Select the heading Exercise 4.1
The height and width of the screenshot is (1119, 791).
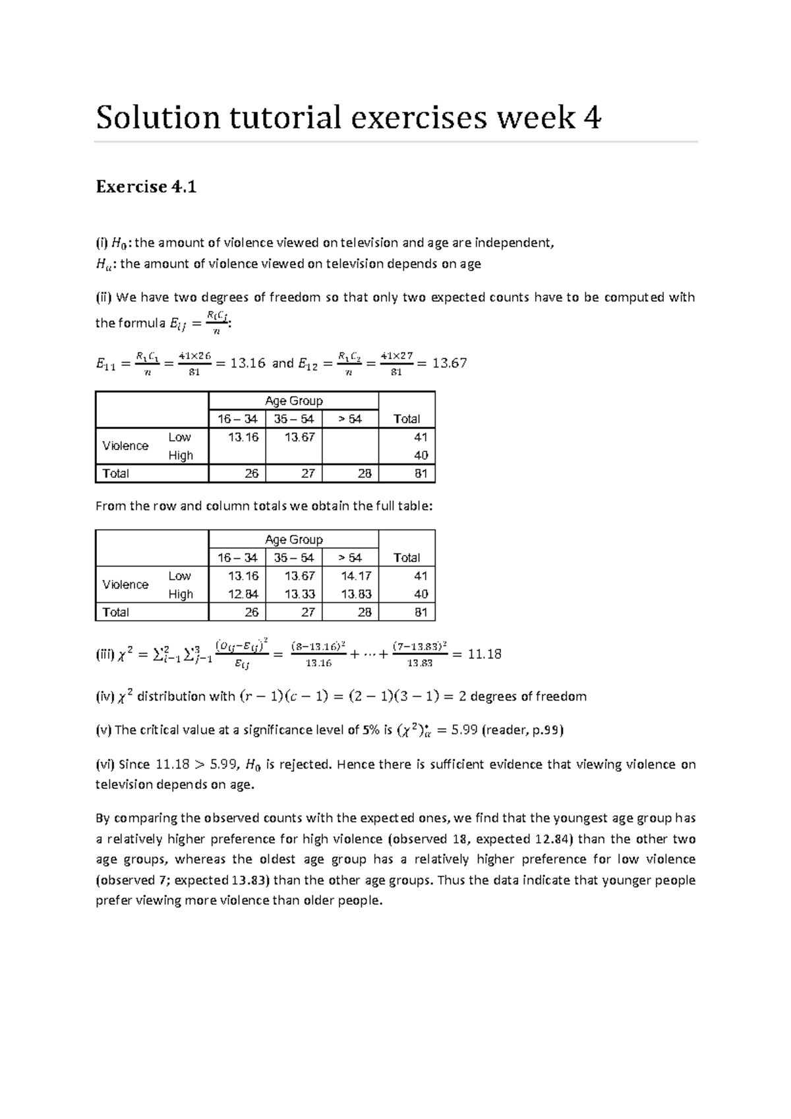(x=146, y=187)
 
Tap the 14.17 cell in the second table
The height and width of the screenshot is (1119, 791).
(x=356, y=576)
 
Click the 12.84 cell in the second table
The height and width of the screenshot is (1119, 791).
(x=243, y=594)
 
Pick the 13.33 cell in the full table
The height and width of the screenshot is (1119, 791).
(x=299, y=594)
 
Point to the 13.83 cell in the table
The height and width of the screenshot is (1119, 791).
(x=356, y=594)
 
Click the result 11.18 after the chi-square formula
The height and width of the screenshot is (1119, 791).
(x=484, y=654)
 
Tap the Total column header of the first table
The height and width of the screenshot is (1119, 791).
(x=406, y=419)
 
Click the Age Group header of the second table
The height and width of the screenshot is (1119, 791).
(x=293, y=540)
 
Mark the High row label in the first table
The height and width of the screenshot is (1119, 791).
(x=181, y=455)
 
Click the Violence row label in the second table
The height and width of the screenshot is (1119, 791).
(x=125, y=585)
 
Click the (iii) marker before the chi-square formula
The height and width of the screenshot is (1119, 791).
(x=105, y=655)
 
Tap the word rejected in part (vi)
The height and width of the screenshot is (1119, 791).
(x=304, y=764)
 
